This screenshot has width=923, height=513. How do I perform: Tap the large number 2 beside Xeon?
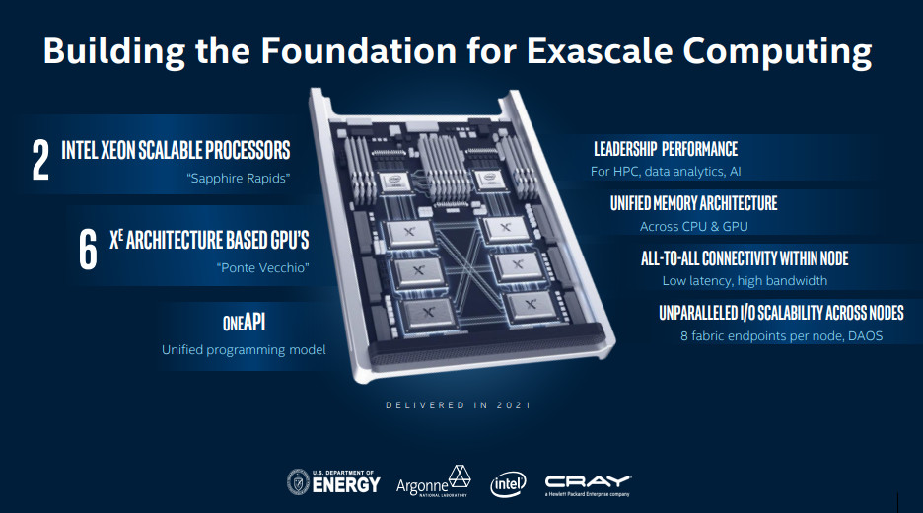pyautogui.click(x=40, y=160)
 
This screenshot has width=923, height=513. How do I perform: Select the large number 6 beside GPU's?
pyautogui.click(x=88, y=250)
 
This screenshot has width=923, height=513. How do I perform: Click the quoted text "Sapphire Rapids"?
pyautogui.click(x=239, y=178)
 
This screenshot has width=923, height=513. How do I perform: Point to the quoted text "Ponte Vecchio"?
pyautogui.click(x=262, y=268)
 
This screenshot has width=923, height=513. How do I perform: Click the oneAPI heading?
pyautogui.click(x=244, y=323)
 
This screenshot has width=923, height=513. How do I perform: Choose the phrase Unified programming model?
pyautogui.click(x=244, y=350)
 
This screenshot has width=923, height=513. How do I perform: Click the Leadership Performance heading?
pyautogui.click(x=666, y=149)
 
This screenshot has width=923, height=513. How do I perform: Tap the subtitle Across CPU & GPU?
pyautogui.click(x=694, y=226)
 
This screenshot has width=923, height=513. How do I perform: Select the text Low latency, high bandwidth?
pyautogui.click(x=745, y=281)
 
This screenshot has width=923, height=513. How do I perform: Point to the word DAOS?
pyautogui.click(x=866, y=335)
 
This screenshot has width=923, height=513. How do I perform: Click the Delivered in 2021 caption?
pyautogui.click(x=459, y=405)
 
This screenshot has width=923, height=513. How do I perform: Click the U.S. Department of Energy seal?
pyautogui.click(x=298, y=481)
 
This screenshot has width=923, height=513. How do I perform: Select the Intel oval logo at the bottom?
pyautogui.click(x=508, y=484)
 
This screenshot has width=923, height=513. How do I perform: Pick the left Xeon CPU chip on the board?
pyautogui.click(x=392, y=182)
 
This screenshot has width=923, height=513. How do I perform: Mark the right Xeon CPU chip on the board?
pyautogui.click(x=490, y=179)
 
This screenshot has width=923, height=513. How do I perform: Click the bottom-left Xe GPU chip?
pyautogui.click(x=428, y=314)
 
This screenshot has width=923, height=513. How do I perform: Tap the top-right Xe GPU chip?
pyautogui.click(x=505, y=228)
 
